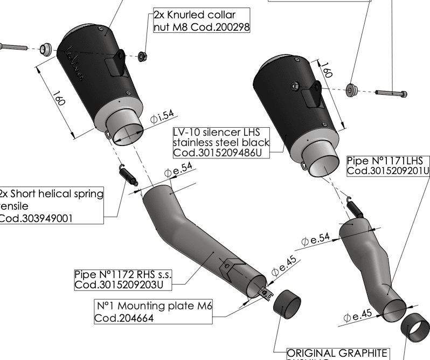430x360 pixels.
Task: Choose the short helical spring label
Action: (51, 205)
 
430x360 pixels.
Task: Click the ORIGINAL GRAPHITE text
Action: (337, 354)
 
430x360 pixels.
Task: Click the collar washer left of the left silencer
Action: (47, 49)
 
